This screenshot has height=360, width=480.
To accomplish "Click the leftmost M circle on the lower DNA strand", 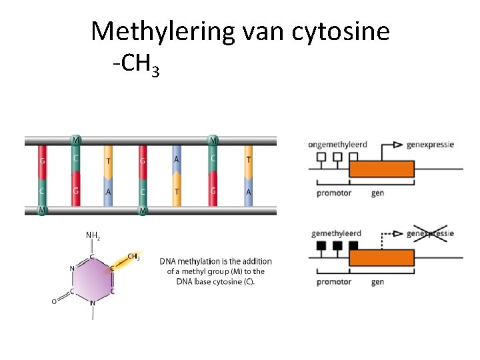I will [43, 211].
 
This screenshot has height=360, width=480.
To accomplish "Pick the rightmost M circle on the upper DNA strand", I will [213, 141].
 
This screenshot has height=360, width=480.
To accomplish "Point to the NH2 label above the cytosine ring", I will [93, 235].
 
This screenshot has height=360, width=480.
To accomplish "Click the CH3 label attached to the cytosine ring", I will [133, 257].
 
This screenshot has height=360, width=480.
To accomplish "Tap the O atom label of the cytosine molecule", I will [55, 301].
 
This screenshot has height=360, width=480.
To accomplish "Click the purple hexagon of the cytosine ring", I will [93, 280].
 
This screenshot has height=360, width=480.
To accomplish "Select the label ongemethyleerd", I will [338, 145].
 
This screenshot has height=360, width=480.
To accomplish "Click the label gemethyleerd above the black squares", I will [336, 233].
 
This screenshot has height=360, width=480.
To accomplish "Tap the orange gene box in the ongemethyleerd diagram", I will [382, 169].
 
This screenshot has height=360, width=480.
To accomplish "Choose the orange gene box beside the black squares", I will [382, 257].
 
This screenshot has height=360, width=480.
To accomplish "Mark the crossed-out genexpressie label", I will [430, 233].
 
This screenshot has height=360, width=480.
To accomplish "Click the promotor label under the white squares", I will [333, 193].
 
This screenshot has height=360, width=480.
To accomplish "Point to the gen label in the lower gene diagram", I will [377, 282].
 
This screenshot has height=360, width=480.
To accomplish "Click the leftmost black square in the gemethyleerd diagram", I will [321, 245].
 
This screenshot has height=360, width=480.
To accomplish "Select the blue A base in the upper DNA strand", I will [176, 159].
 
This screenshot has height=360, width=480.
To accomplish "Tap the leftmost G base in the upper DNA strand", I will [43, 161].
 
